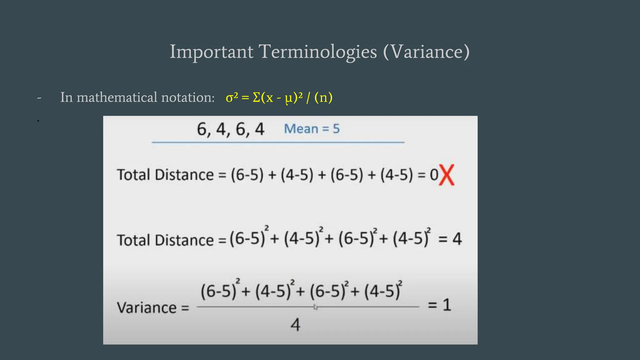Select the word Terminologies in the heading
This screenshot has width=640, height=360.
317,52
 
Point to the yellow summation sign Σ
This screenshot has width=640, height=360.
256,97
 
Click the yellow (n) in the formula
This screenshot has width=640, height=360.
323,97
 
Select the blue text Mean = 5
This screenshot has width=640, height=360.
312,129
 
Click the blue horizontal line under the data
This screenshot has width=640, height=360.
278,142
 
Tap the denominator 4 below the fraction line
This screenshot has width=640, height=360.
295,325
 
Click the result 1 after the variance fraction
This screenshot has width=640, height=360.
447,305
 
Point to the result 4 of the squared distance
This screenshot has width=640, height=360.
457,239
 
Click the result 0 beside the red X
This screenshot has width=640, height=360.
434,175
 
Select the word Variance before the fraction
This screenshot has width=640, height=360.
147,307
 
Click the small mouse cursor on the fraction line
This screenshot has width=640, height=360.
315,307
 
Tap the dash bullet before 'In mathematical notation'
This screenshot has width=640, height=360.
39,98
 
